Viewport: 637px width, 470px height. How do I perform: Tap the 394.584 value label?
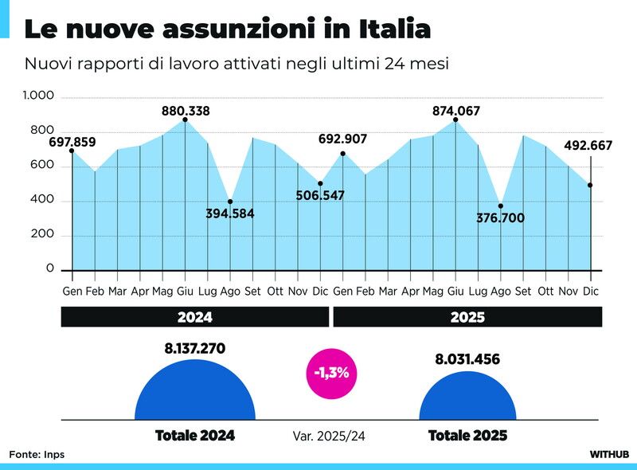tap(230, 213)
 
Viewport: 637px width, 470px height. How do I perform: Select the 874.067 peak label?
tap(456, 112)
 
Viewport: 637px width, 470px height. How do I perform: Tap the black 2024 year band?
tap(195, 317)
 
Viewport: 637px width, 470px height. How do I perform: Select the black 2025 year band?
tap(467, 317)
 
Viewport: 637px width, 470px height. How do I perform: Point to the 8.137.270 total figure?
tap(195, 348)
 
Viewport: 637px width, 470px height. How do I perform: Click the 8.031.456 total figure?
tap(467, 359)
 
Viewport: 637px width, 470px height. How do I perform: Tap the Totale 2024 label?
tap(195, 436)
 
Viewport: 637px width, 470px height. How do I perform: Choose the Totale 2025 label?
tap(467, 436)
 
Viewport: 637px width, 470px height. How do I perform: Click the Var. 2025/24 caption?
tap(330, 436)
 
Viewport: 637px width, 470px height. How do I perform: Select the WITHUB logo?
tap(609, 454)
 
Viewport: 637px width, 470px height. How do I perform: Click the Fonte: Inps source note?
tap(37, 454)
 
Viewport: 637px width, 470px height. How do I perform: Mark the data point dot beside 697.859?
tap(72, 151)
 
